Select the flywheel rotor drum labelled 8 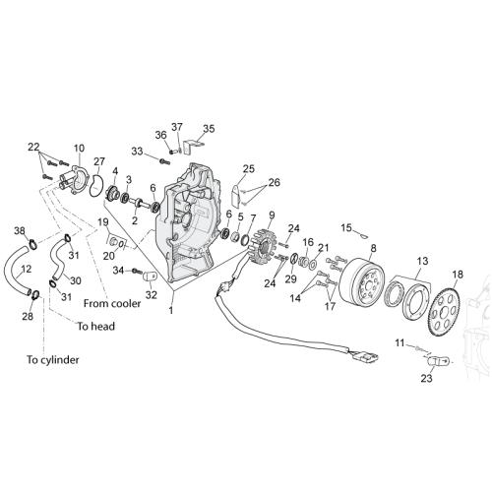362,280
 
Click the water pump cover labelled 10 75,179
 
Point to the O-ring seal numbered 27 96,185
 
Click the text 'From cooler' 112,303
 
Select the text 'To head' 95,326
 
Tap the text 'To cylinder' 53,360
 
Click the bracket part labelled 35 193,146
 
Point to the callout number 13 423,261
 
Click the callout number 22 33,147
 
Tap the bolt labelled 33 164,161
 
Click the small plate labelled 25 236,196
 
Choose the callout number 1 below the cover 170,310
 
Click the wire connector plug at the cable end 366,356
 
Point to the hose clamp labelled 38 32,244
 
